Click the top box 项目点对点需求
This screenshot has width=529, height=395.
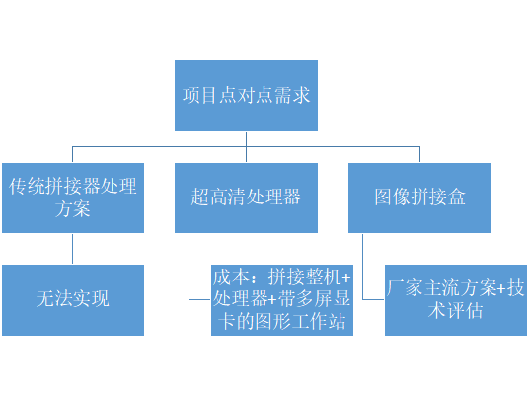(248, 96)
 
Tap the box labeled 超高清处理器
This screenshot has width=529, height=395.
(246, 197)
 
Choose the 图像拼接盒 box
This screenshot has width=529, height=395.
(419, 197)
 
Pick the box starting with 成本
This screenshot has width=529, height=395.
(281, 300)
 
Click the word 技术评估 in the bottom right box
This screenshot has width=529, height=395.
(455, 311)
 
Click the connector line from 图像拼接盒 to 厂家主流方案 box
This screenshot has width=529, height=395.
(362, 267)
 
